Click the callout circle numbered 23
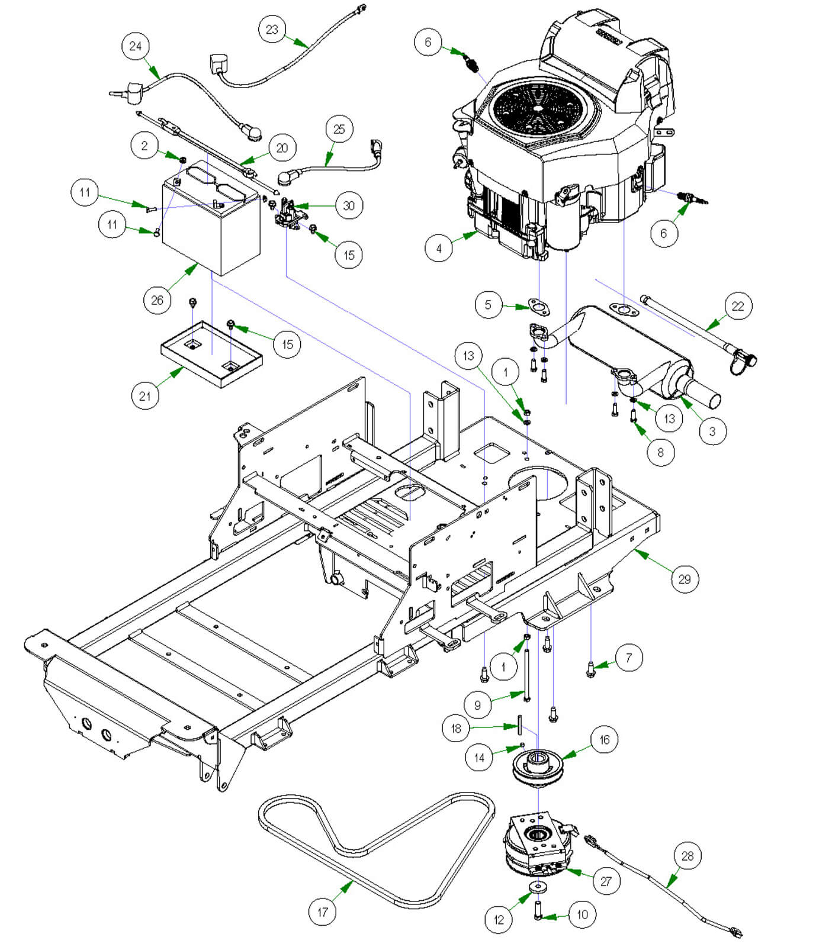pos(272,29)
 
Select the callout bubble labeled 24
pos(136,46)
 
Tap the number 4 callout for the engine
pos(439,249)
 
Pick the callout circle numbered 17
pos(323,911)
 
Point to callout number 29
pos(685,579)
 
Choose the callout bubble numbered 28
pos(687,856)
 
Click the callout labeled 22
pos(738,306)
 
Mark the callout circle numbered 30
pos(349,205)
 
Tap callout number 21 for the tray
pos(145,395)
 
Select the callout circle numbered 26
pos(157,300)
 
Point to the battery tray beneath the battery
pos(211,355)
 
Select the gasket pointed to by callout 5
pos(538,307)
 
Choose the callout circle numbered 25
pos(339,129)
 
